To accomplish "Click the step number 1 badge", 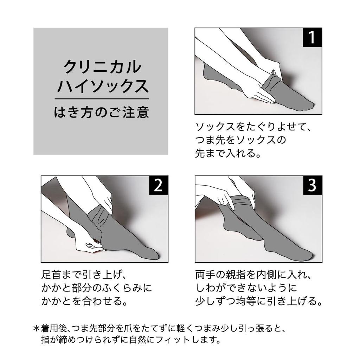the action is (x=312, y=37).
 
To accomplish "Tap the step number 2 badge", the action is (x=159, y=185).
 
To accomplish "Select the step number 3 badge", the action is (x=312, y=185).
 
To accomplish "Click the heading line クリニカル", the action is (x=102, y=67).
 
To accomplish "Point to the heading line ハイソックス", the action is (x=103, y=86).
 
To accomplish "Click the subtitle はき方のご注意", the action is (x=102, y=112).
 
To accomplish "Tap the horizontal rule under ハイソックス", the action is (x=102, y=99).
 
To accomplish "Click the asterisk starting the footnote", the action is (x=37, y=328).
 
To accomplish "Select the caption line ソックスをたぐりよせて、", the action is (x=253, y=127).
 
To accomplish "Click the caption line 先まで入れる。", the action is (x=228, y=153).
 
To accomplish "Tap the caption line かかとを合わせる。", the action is (x=84, y=301).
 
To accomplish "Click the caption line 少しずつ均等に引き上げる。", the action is (x=259, y=301).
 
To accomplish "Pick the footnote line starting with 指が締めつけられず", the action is (x=131, y=340).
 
